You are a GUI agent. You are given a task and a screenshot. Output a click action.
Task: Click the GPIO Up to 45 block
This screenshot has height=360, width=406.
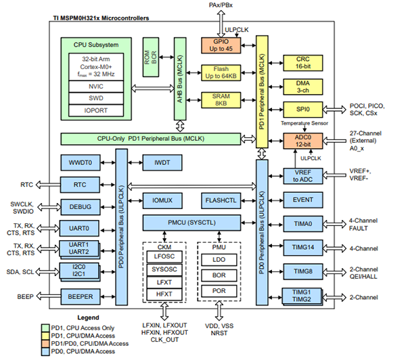tap(221, 45)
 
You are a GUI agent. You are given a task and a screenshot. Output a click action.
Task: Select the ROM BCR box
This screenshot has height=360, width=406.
tap(151, 57)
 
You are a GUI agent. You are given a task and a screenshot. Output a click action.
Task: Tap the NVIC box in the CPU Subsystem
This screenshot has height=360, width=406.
tap(96, 87)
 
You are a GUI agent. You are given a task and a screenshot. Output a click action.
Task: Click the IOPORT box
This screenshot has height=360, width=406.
tap(96, 110)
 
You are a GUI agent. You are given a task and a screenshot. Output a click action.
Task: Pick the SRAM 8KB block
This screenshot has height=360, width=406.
tap(221, 100)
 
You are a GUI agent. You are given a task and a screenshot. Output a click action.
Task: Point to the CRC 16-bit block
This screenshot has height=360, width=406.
tap(303, 63)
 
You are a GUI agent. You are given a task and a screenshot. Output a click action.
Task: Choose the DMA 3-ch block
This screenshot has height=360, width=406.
tap(303, 87)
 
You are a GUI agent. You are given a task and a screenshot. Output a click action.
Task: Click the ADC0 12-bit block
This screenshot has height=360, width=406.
tap(303, 141)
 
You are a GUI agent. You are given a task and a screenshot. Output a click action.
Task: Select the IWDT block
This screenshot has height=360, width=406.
tap(162, 162)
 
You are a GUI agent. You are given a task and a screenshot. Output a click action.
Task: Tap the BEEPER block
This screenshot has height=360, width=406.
tap(81, 296)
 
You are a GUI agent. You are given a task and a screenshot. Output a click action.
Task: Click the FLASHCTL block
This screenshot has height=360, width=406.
tap(221, 200)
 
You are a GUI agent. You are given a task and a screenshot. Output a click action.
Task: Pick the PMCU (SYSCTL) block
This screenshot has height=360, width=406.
tap(191, 223)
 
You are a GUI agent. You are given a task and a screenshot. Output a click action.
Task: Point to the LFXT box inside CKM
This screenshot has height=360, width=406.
tap(164, 282)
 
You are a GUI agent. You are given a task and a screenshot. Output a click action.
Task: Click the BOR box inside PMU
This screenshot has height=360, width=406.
tap(219, 275)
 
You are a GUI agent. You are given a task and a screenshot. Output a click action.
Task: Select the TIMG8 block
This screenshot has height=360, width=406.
tap(303, 271)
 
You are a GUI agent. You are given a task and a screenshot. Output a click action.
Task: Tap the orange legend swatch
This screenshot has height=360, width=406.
tap(45, 344)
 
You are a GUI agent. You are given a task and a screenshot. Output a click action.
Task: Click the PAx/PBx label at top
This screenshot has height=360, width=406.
tap(221, 5)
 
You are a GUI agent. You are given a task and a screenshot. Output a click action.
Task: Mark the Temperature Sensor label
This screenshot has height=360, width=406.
tap(304, 123)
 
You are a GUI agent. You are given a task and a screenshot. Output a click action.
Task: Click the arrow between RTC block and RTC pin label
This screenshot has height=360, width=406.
tap(48, 185)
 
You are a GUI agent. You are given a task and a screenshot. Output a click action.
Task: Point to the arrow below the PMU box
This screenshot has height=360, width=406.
tap(219, 311)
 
